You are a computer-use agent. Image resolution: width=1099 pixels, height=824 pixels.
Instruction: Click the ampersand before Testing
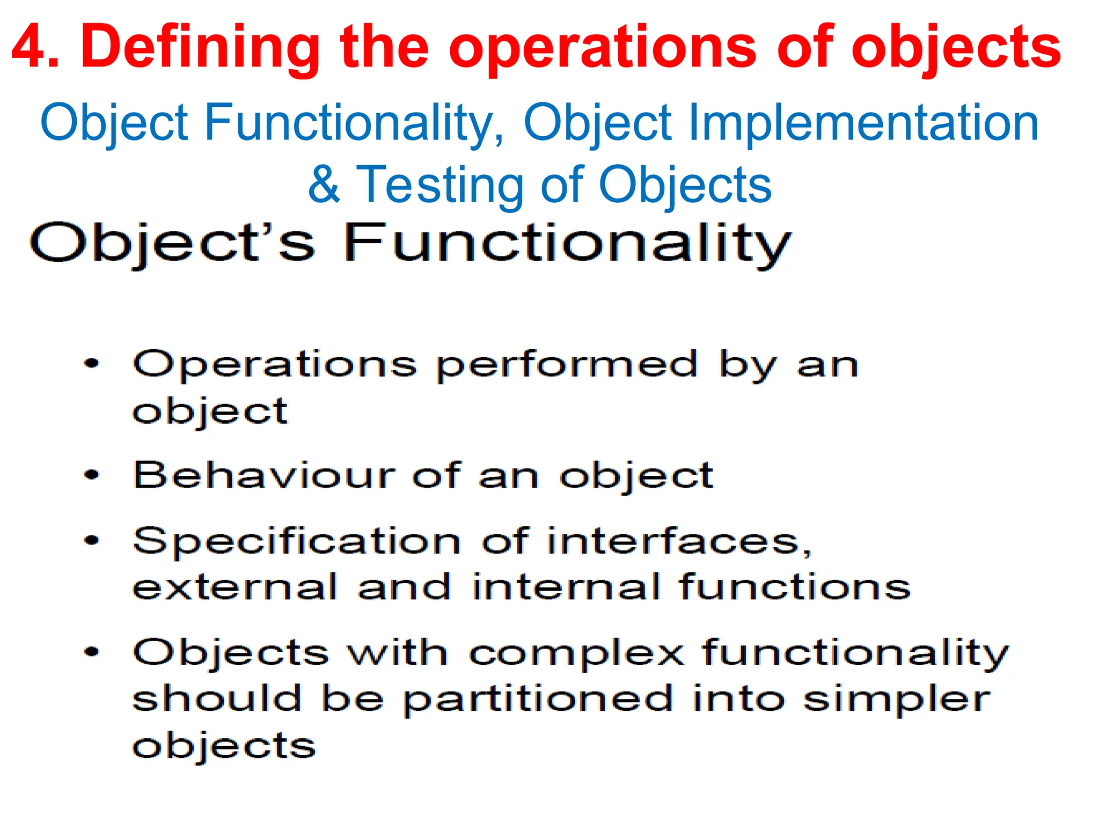(x=324, y=185)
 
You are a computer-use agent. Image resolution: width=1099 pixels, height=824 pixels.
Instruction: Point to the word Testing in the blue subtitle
(x=439, y=186)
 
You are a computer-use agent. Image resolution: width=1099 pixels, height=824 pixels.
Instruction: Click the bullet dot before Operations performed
(x=92, y=364)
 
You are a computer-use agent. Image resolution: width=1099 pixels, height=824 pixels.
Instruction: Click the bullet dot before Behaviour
(x=92, y=475)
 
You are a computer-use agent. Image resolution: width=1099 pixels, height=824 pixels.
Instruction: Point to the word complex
(x=576, y=654)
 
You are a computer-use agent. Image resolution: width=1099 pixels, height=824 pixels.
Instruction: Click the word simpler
(x=897, y=700)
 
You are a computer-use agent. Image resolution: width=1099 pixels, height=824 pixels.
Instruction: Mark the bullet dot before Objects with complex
(x=92, y=652)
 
